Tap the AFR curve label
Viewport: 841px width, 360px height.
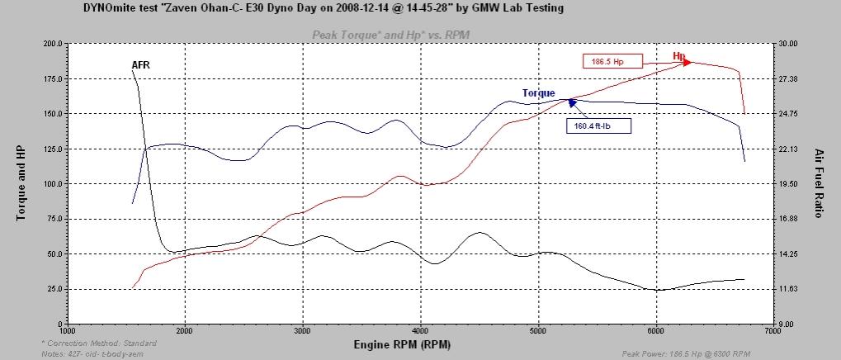140,64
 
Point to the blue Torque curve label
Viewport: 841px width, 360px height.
538,93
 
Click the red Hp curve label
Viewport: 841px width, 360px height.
679,56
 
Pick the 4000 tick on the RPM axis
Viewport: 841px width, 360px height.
421,330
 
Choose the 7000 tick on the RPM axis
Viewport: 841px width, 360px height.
772,330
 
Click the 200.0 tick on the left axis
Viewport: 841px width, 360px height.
51,43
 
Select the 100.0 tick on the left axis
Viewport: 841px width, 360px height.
51,183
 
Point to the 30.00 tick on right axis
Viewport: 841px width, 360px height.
788,43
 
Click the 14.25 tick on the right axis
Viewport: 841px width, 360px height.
788,253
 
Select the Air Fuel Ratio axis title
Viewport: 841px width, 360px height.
820,183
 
